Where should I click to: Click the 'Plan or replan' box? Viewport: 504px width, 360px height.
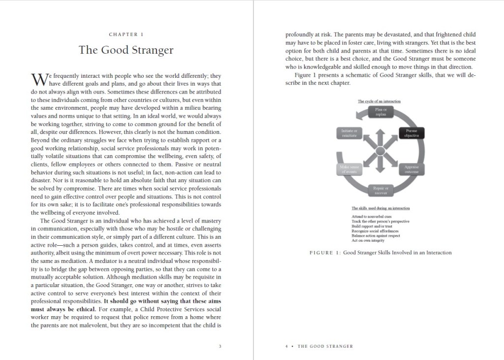click(381, 112)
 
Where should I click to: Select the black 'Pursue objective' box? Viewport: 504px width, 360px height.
click(411, 133)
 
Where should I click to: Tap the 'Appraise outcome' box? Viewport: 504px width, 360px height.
click(411, 169)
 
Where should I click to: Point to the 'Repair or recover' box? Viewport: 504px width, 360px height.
click(381, 190)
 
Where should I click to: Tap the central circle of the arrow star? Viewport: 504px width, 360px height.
click(381, 151)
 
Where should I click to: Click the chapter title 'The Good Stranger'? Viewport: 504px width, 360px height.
click(126, 50)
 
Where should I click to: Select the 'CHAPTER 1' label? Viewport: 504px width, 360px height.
click(126, 34)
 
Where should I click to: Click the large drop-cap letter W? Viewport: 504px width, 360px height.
click(38, 79)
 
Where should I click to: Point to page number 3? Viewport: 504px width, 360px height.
click(220, 346)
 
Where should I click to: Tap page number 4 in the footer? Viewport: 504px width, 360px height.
click(286, 346)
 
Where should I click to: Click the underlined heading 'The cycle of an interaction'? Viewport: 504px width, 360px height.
click(379, 101)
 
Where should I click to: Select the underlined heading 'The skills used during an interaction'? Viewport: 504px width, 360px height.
click(380, 208)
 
